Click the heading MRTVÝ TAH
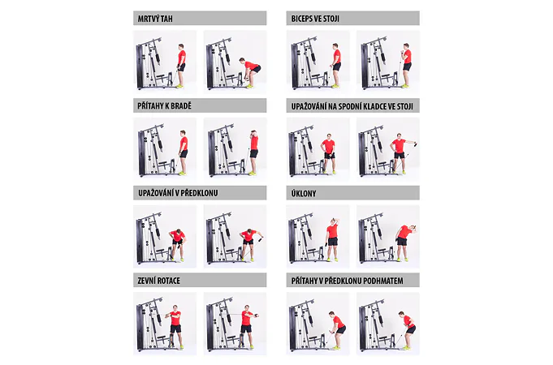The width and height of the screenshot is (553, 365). coord(155,19)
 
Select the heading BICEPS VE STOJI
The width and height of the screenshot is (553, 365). coord(315,19)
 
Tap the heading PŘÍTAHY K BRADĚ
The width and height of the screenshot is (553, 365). coord(164,105)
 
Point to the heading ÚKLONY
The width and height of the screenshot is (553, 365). coord(304,193)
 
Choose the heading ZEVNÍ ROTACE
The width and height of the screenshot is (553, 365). coord(158,281)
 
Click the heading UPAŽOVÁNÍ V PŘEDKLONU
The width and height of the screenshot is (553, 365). coord(178,193)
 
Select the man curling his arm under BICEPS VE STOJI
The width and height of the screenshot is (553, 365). coord(406,66)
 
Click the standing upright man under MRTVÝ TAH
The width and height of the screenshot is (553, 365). coord(181,66)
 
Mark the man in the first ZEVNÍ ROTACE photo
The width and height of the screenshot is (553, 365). coord(175,327)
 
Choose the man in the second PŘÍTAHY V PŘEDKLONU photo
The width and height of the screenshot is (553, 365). coord(408,330)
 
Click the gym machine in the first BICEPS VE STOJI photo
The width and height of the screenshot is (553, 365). coord(309,62)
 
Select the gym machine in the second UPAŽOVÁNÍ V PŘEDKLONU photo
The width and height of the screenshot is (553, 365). coord(225,238)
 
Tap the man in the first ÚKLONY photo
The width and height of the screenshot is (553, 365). coord(332,239)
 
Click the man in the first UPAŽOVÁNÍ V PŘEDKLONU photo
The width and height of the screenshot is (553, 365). coord(177,244)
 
